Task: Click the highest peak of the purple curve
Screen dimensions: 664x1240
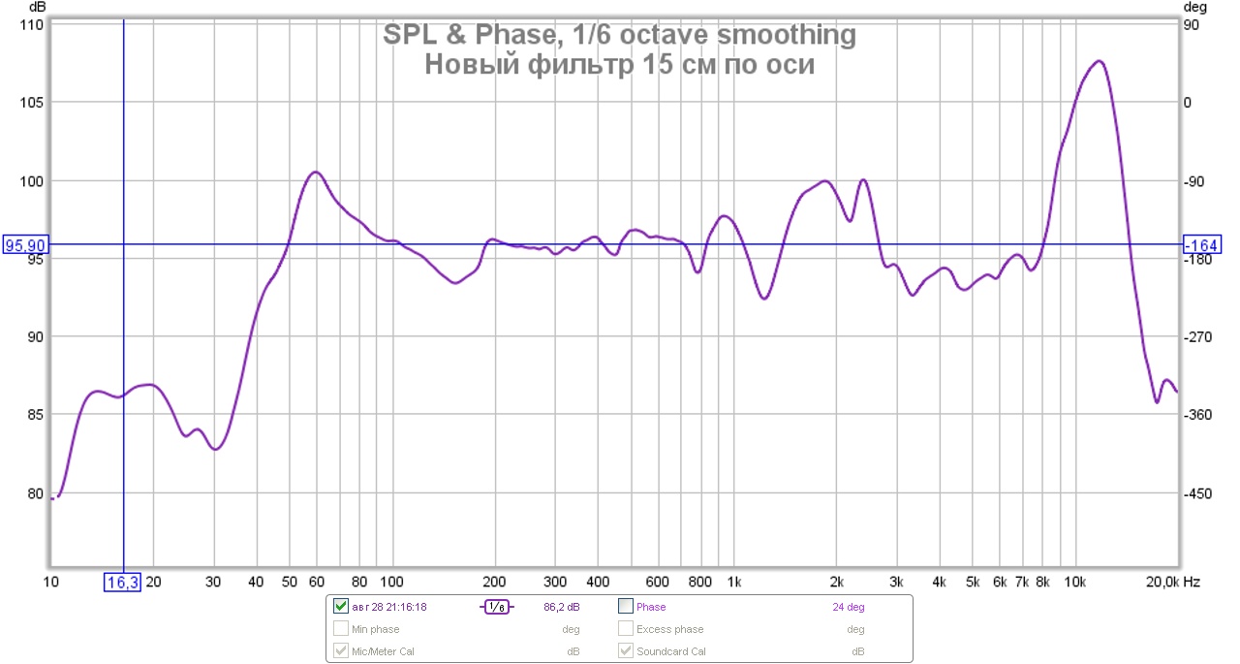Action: (x=1099, y=61)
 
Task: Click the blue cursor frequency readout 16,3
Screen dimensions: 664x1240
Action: (x=122, y=582)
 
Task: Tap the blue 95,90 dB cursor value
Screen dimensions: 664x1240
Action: (x=26, y=245)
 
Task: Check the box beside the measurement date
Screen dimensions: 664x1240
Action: (x=340, y=607)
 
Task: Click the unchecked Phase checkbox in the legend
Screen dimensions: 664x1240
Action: (x=626, y=607)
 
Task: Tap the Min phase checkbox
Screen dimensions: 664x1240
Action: (x=340, y=629)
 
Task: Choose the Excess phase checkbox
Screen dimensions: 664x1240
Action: (x=626, y=629)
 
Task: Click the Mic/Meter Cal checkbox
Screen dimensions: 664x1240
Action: (x=340, y=650)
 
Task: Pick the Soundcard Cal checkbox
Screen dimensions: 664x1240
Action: (x=626, y=650)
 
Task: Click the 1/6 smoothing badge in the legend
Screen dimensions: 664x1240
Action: (x=495, y=607)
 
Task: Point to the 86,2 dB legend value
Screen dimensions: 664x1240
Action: (x=562, y=607)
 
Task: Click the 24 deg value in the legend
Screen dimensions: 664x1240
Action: (x=849, y=607)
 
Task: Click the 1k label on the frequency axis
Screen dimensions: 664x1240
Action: (x=733, y=582)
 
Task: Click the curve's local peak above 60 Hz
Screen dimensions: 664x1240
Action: (x=315, y=172)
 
